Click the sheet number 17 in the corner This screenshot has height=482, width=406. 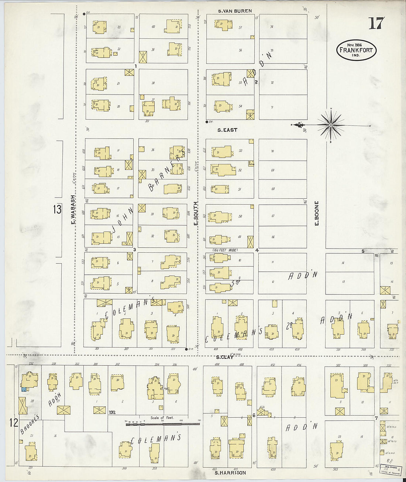tap(376, 23)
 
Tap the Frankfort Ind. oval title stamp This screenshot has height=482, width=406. tap(356, 50)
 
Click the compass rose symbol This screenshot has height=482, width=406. tap(330, 125)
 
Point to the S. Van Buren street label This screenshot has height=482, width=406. tap(235, 11)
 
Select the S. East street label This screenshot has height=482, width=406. tap(227, 130)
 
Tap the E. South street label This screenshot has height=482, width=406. tap(196, 213)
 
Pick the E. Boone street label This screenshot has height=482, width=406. tap(316, 213)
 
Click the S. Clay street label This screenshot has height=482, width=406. tap(224, 357)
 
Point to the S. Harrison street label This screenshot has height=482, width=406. tap(230, 473)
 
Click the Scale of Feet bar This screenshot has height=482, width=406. tap(162, 424)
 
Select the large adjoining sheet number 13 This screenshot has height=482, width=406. tap(57, 209)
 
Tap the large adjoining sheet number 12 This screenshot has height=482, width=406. tap(14, 423)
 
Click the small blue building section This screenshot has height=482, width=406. tap(24, 389)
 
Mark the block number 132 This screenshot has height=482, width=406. tap(113, 412)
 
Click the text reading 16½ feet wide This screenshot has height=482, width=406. tap(225, 250)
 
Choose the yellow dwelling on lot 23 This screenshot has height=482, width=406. tap(100, 27)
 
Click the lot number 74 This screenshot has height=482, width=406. tap(272, 27)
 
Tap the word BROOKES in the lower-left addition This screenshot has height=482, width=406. tap(30, 424)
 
